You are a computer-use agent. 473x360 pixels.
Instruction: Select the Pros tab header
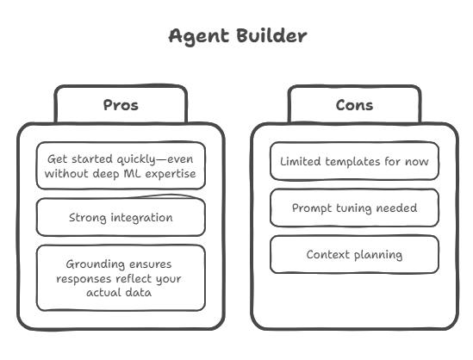tap(121, 105)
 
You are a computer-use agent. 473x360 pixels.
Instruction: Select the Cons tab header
tap(354, 105)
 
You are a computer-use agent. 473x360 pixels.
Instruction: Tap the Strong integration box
tap(121, 217)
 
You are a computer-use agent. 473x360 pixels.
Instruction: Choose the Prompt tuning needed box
tap(354, 208)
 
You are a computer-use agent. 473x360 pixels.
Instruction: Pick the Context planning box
tap(354, 254)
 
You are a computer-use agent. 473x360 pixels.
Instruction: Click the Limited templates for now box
tap(354, 161)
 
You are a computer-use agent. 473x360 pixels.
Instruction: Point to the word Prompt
tap(312, 208)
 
